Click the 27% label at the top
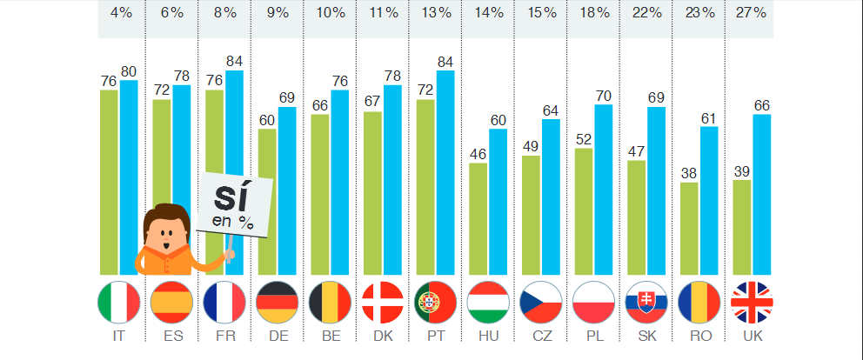750,13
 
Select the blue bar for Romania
708,200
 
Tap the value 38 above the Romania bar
689,172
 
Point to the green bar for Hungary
478,218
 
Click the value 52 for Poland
584,138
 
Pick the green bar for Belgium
319,194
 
